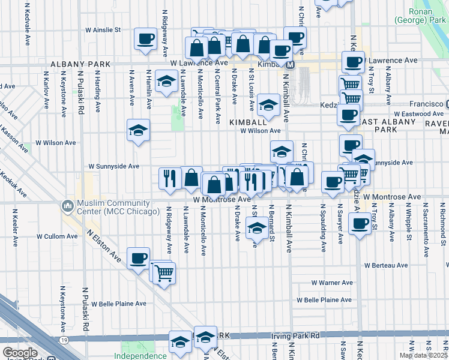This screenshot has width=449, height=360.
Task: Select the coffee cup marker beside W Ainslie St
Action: (x=145, y=40)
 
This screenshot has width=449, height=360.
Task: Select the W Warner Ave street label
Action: (x=332, y=283)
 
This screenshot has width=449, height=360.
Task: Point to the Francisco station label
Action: (x=426, y=103)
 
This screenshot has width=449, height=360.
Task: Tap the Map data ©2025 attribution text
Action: (x=423, y=355)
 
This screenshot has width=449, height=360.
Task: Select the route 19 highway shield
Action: (x=64, y=340)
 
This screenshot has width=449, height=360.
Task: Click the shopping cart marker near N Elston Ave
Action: (x=163, y=273)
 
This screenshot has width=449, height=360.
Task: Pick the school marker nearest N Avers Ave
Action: (x=138, y=131)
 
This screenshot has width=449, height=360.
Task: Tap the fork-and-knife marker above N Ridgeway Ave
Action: (x=170, y=178)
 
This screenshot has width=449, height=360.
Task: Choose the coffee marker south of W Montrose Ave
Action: (x=360, y=224)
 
